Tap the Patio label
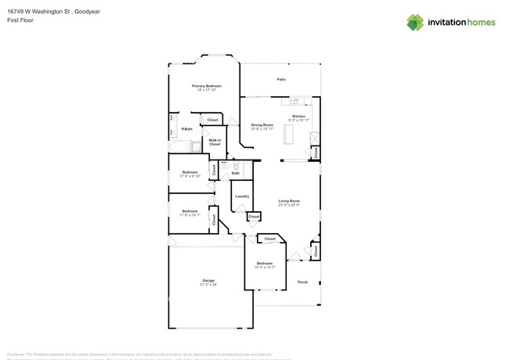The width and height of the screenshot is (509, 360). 281,80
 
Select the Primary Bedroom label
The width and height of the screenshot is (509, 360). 207,85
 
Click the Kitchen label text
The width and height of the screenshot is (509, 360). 298,116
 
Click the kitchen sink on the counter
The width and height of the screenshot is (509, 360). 297,101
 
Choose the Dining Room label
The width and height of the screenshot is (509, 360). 262,124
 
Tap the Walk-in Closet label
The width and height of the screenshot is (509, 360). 215,142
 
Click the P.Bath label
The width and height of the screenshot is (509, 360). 187,129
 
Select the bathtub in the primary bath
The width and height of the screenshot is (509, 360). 179,146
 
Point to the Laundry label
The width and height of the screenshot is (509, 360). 242,196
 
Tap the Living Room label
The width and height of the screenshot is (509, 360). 289,201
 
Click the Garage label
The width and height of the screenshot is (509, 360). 208,280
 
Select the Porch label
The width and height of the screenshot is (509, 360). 302,282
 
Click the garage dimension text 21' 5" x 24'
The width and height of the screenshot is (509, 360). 208,285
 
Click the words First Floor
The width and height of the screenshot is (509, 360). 16,21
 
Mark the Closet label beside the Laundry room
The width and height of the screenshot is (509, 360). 254,216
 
